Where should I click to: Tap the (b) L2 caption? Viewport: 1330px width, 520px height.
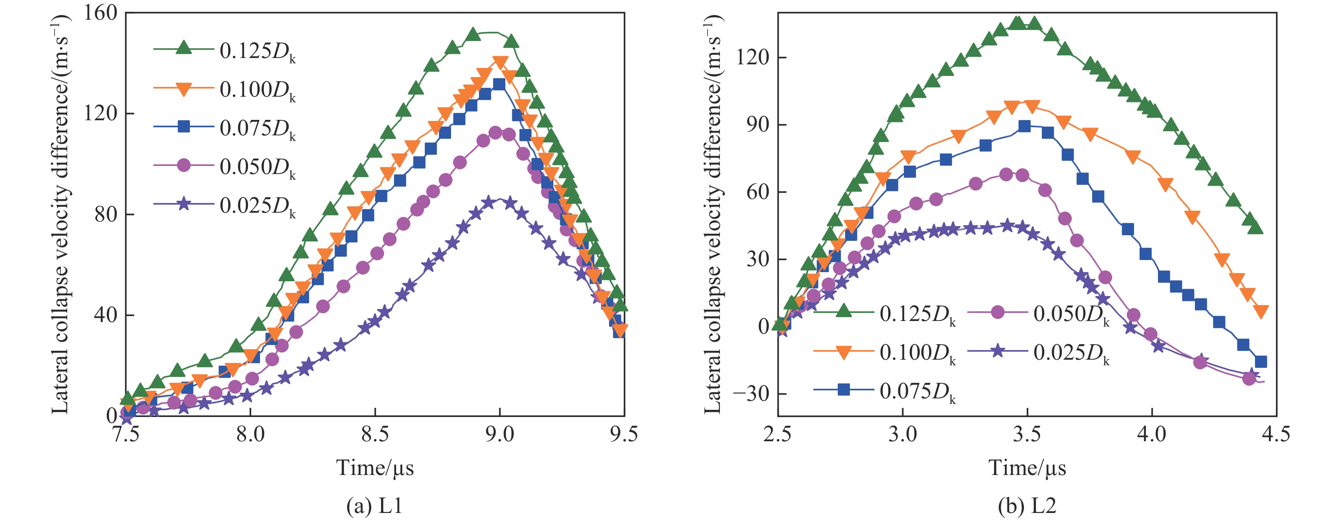point(1027,506)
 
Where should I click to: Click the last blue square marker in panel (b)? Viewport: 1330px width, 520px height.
point(1261,362)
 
